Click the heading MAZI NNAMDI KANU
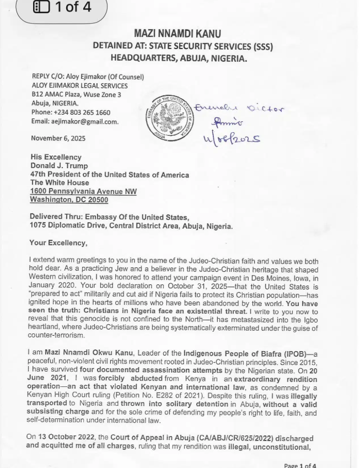coord(177,34)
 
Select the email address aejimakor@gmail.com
coord(84,121)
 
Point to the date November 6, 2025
coord(58,138)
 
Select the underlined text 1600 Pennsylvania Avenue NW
coord(83,191)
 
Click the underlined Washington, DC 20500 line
coord(69,200)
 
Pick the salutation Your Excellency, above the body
coord(58,243)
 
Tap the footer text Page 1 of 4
coord(299,465)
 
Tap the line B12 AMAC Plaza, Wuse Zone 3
coord(76,95)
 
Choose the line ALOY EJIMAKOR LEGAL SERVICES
coord(79,86)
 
